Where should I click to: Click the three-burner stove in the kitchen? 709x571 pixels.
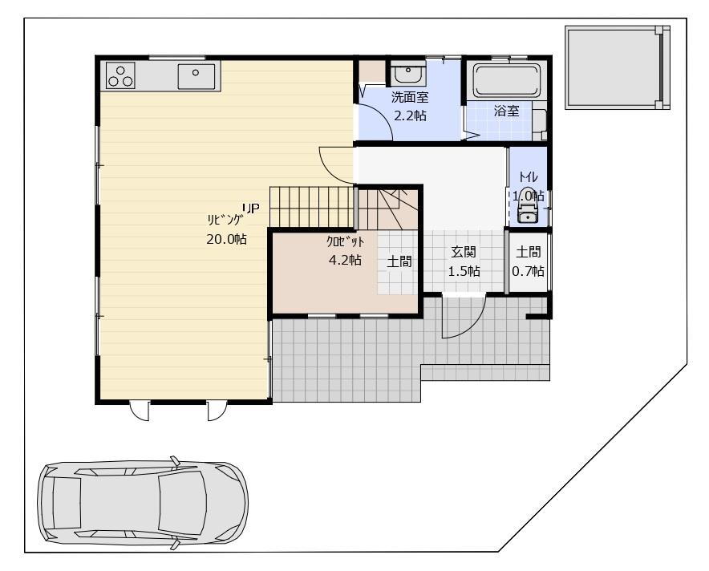[x=121, y=75]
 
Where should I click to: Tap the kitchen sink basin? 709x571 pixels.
[x=196, y=76]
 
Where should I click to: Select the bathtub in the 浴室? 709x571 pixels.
[x=507, y=81]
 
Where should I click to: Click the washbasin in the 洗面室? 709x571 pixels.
[x=408, y=73]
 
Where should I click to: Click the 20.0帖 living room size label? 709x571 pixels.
[x=226, y=239]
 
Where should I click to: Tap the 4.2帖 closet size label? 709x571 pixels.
[x=345, y=260]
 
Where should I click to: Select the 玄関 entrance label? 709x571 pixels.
[x=464, y=252]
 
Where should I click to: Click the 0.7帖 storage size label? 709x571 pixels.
[x=528, y=271]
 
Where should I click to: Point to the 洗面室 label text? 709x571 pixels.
[x=410, y=97]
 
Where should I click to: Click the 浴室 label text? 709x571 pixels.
[x=506, y=111]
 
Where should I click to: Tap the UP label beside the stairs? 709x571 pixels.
[x=251, y=208]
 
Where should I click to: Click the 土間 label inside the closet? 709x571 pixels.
[x=399, y=261]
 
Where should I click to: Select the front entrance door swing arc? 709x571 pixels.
[x=474, y=326]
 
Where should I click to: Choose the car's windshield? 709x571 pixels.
[x=181, y=502]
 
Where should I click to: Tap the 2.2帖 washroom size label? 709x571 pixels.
[x=410, y=115]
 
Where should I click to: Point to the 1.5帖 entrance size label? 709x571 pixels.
[x=464, y=271]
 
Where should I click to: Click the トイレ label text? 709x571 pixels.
[x=528, y=176]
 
